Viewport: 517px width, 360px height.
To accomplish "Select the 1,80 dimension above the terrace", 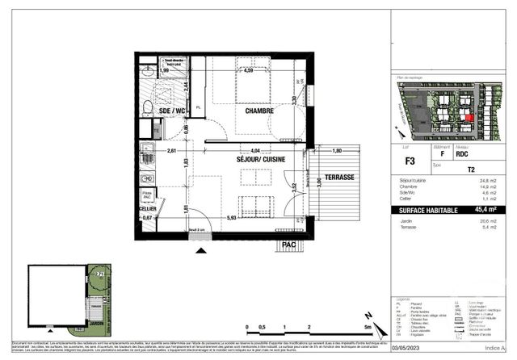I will [x=338, y=150].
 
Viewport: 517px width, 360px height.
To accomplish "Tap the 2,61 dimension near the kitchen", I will [x=171, y=151].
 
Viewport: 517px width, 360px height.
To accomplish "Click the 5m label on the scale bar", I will [x=367, y=329].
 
